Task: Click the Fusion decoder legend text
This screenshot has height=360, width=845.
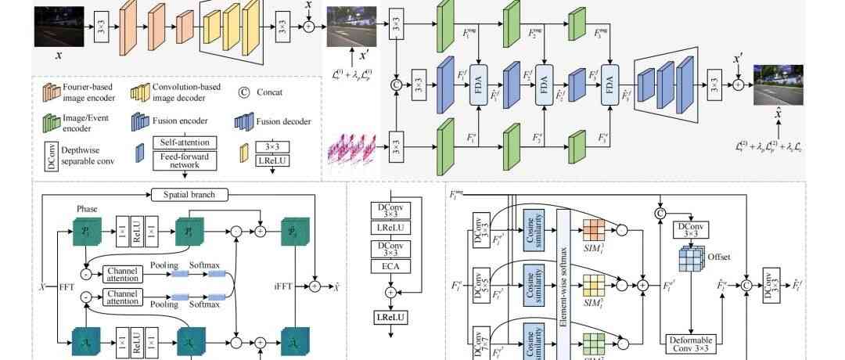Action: (x=283, y=121)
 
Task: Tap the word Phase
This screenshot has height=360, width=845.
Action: (x=87, y=209)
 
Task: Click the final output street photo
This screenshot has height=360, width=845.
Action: (x=778, y=85)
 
